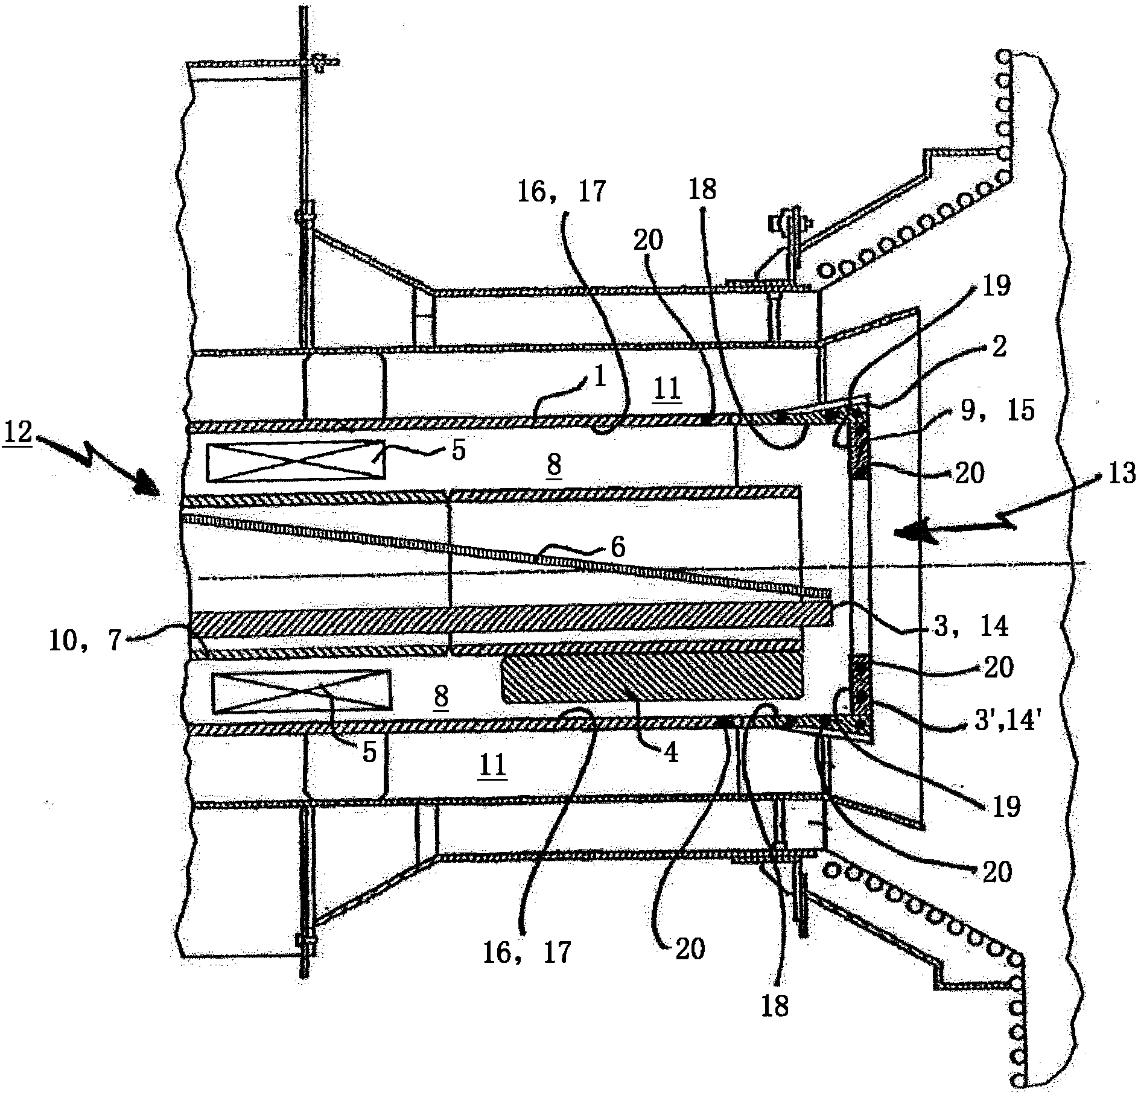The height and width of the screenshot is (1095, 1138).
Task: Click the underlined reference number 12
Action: [x=19, y=433]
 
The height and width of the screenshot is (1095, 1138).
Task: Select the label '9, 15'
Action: [x=998, y=410]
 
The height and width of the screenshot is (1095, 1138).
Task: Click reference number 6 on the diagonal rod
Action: [x=618, y=547]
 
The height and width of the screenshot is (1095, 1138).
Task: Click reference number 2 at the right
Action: [x=999, y=348]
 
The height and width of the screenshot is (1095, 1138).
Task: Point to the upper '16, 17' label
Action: [x=561, y=192]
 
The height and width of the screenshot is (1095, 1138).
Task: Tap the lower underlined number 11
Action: [x=492, y=767]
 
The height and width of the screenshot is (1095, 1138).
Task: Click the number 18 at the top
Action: [x=702, y=189]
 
